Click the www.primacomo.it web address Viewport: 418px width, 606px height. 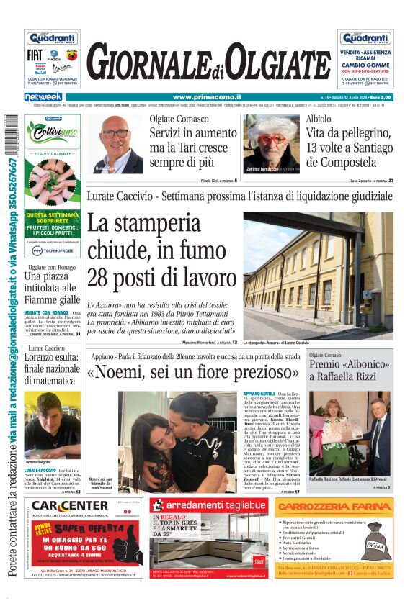tap(196, 96)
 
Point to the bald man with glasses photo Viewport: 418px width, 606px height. tap(115, 144)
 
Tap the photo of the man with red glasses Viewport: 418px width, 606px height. tap(271, 144)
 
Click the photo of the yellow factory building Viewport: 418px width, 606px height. tap(318, 275)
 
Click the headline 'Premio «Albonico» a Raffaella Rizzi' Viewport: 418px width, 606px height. tap(350, 371)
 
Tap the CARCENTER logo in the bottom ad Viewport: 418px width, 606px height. tap(70, 505)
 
